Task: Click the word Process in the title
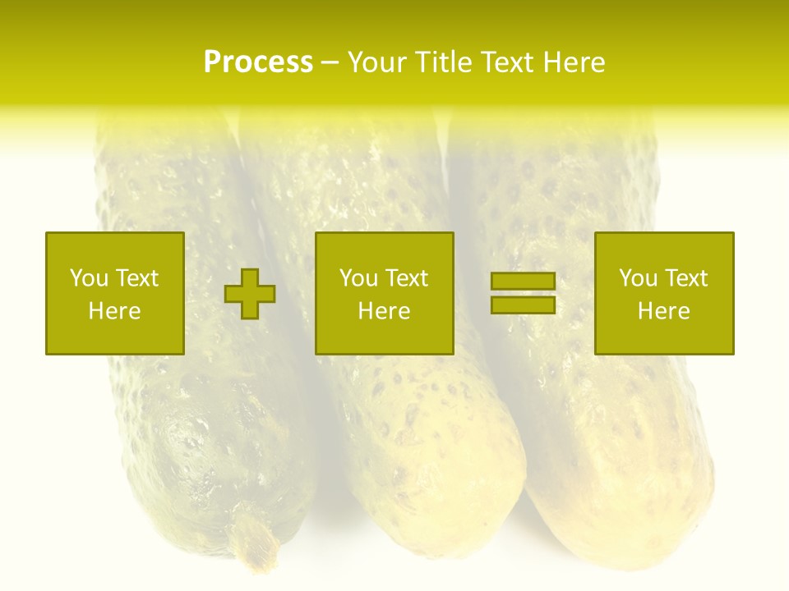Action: (x=258, y=62)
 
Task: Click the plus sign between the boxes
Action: (x=250, y=294)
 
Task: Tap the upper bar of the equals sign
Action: (x=523, y=281)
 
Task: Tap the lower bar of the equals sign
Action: (x=523, y=305)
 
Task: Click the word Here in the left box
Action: (x=114, y=311)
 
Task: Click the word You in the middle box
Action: (x=358, y=278)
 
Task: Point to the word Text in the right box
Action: (x=686, y=278)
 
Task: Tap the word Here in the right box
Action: (x=663, y=311)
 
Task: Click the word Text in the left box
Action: (x=136, y=278)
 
